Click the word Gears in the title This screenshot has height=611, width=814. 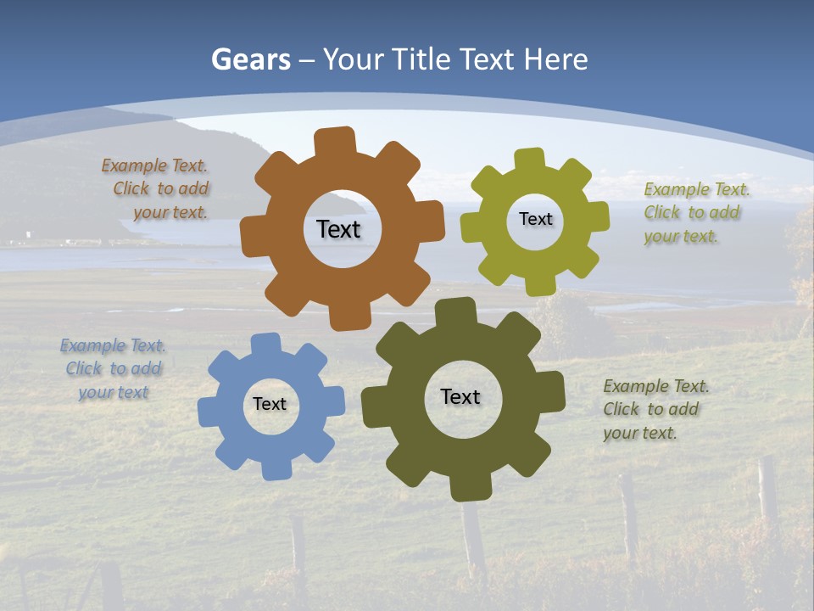pyautogui.click(x=250, y=59)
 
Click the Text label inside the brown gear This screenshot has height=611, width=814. pyautogui.click(x=338, y=229)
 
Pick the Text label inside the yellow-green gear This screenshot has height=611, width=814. pyautogui.click(x=535, y=219)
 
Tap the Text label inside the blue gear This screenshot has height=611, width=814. pyautogui.click(x=270, y=404)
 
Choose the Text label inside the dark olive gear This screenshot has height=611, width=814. pyautogui.click(x=460, y=396)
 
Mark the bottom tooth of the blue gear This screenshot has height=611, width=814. pyautogui.click(x=276, y=468)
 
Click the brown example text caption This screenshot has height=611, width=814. pyautogui.click(x=157, y=189)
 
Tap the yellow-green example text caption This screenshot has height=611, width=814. pyautogui.click(x=694, y=213)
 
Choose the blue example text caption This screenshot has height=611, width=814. pyautogui.click(x=114, y=369)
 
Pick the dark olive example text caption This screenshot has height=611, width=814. pyautogui.click(x=654, y=409)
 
